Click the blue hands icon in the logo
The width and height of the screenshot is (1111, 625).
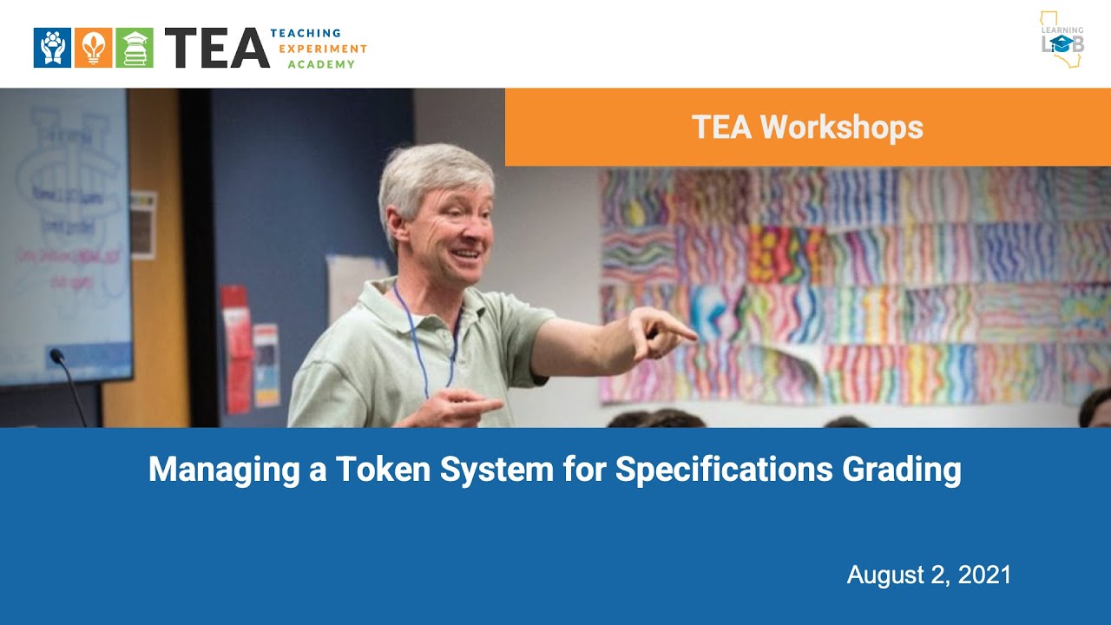point(52,48)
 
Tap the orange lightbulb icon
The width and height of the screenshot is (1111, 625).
point(93,48)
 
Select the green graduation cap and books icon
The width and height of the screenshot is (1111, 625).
point(134,48)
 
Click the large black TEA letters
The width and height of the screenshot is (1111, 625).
point(216,48)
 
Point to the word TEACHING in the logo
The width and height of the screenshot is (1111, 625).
point(306,33)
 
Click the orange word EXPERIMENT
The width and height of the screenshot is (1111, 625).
point(322,49)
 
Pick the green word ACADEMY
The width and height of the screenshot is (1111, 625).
point(321,64)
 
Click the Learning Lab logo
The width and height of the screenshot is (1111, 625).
point(1062,40)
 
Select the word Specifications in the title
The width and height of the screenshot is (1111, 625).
point(724,470)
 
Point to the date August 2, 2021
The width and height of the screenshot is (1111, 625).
point(929,575)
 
